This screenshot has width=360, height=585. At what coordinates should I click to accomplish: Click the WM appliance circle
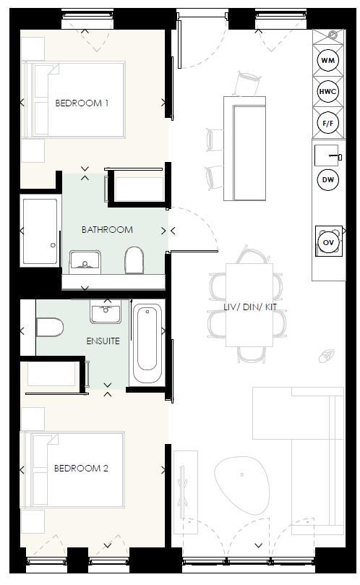tap(328, 60)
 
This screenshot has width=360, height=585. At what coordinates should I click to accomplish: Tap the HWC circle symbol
tap(328, 91)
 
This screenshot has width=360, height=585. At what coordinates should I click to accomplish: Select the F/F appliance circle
tap(328, 123)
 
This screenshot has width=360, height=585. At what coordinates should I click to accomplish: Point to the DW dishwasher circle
tap(328, 179)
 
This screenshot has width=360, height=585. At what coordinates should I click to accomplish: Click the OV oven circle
tap(328, 242)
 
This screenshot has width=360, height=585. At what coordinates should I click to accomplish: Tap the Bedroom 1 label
tap(82, 103)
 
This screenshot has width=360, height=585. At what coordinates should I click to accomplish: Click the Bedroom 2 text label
tap(81, 469)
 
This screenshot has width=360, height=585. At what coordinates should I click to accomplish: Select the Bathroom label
tap(107, 230)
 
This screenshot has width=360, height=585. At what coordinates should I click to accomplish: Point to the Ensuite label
tap(103, 341)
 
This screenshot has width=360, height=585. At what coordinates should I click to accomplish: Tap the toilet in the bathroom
tap(134, 260)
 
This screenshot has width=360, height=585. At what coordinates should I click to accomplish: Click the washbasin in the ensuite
tap(107, 312)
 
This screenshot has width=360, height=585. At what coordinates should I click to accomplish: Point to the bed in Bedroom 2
tap(74, 469)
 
